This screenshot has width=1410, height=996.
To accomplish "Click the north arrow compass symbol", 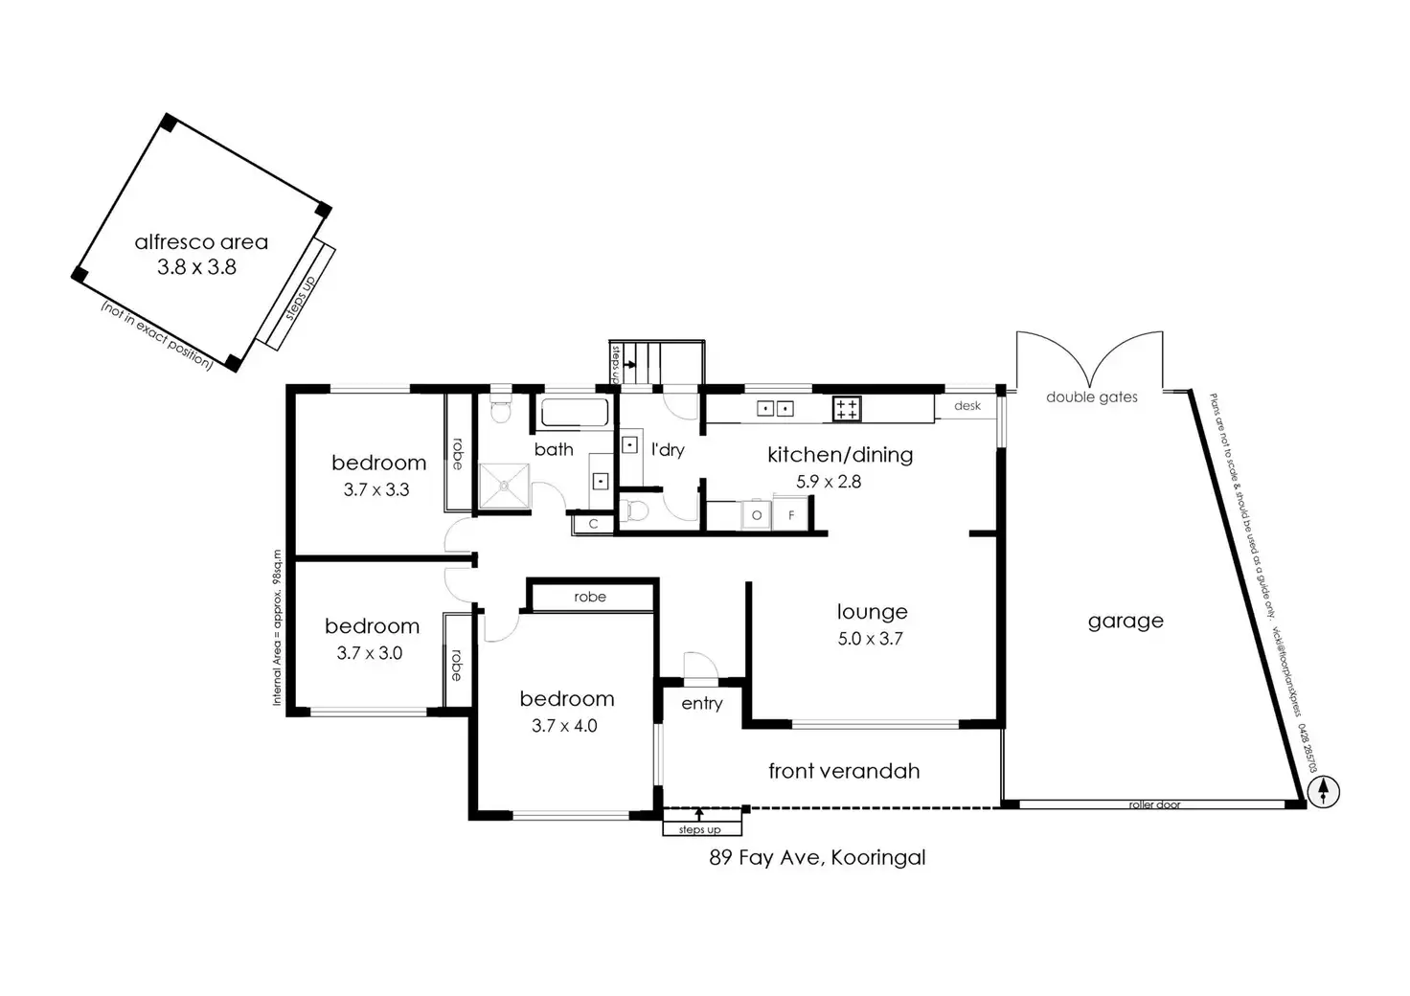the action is point(1323,791).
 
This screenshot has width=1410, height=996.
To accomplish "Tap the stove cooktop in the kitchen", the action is point(847,409).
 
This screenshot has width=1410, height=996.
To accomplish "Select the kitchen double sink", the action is point(775,409).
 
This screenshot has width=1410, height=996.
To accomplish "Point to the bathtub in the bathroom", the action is point(575,414).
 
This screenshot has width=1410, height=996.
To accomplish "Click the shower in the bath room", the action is point(504,486).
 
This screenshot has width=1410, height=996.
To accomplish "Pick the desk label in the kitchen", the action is point(967,406).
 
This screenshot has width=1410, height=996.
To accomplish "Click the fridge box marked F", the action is point(791,515).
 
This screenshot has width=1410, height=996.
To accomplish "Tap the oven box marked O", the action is point(757,515).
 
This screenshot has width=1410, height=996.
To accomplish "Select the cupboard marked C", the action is point(593,524).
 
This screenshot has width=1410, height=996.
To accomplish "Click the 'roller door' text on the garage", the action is point(1154,804).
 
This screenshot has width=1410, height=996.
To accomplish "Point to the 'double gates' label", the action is point(1091,397).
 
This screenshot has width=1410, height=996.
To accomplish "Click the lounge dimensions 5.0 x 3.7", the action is point(870,639).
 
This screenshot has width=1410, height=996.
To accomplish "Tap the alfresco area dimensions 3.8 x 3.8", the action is point(196,267).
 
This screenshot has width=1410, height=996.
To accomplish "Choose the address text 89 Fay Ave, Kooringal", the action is point(817,857).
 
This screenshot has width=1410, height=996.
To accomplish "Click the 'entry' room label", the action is point(702,704).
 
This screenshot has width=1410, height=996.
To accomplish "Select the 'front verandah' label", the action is point(844,771).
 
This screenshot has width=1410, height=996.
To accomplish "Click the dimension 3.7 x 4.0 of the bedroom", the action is point(564,725).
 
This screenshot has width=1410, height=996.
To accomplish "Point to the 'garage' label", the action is point(1126,622).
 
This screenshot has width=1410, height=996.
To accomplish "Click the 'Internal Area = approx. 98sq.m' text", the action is point(277,627).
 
